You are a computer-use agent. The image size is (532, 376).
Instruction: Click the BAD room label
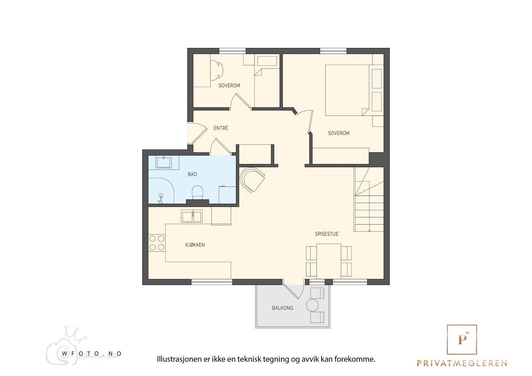pyautogui.click(x=192, y=174)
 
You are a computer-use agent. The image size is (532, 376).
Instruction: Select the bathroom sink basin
pyautogui.click(x=164, y=162)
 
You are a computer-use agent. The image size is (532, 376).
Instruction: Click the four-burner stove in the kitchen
pyautogui.click(x=157, y=243)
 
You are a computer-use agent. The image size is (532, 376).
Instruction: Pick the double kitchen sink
pyautogui.click(x=192, y=216)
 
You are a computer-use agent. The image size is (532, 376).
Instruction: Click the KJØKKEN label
pyautogui.click(x=195, y=245)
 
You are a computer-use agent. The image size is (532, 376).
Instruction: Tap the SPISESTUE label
pyautogui.click(x=327, y=234)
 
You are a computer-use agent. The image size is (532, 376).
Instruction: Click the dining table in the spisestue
pyautogui.click(x=329, y=261)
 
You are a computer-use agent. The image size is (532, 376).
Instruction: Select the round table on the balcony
pyautogui.click(x=312, y=305)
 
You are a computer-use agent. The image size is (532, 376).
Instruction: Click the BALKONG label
pyautogui.click(x=283, y=308)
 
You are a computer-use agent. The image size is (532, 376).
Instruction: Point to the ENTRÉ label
pyautogui.click(x=221, y=128)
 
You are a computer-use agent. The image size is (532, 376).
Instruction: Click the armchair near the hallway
pyautogui.click(x=252, y=179)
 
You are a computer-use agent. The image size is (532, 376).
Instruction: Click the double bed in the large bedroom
pyautogui.click(x=347, y=90)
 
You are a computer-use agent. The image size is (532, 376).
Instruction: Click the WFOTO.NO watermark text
pyautogui.click(x=92, y=354)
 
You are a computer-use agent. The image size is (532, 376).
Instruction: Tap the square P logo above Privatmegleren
pyautogui.click(x=462, y=339)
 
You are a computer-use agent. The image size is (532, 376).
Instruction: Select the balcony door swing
pyautogui.click(x=294, y=292)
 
